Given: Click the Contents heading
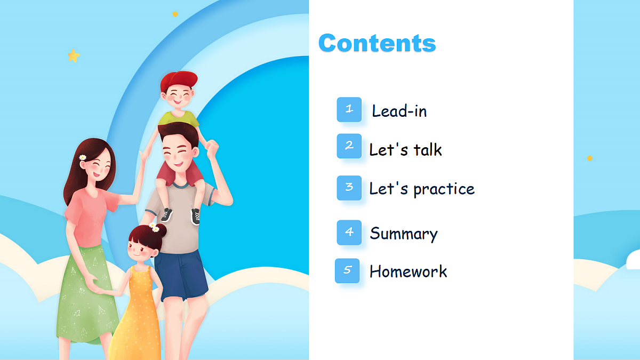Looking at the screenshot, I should point(377,43).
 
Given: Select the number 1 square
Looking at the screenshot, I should point(349,109).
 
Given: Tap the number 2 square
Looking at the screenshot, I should point(349,146).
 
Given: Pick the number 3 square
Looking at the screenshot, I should point(349,188).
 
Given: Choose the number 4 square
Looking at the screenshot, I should point(349,232).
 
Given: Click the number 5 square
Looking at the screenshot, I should point(347,270).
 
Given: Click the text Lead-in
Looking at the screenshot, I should point(399,111).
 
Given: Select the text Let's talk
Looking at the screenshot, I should point(405,150).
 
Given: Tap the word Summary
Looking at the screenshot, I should point(404,234).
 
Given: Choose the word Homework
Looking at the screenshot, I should point(408,271).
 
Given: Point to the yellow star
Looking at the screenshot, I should point(74,55).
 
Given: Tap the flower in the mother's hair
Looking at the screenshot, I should point(83,157).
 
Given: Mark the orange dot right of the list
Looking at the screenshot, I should point(589,158).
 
